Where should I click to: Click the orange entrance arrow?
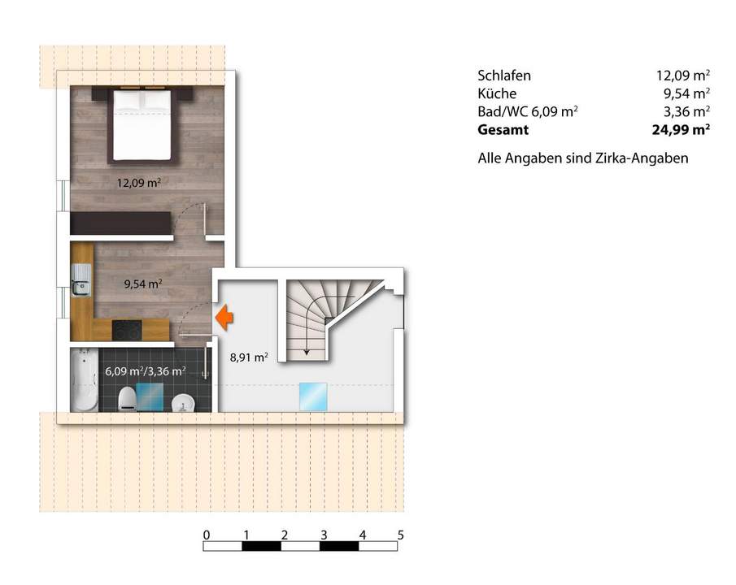click(x=223, y=318)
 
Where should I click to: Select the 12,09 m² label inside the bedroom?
click(x=138, y=183)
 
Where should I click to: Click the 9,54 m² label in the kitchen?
click(x=142, y=284)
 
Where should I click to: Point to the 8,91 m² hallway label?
click(x=249, y=356)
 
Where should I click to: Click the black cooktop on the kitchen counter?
click(x=126, y=330)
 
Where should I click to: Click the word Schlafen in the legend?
click(x=504, y=76)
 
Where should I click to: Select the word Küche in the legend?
click(x=497, y=93)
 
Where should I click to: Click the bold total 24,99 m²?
click(x=677, y=129)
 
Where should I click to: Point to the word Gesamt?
click(x=503, y=129)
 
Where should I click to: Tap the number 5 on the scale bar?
click(x=401, y=535)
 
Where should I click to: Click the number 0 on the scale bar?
click(x=207, y=535)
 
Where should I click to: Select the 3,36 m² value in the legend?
click(x=684, y=111)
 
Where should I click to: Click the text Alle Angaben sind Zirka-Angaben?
click(x=582, y=158)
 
